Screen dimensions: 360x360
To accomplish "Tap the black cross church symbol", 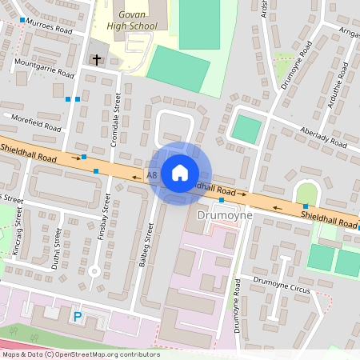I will point(97,60).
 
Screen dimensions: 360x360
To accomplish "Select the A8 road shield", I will point(152,174).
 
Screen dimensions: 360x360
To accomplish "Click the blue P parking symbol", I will point(78,317).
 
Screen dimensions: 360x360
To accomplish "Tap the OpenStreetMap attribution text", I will point(80,354).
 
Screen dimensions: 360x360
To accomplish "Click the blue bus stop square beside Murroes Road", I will point(22,19).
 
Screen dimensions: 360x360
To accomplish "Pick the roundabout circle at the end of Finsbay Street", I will point(94,271).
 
